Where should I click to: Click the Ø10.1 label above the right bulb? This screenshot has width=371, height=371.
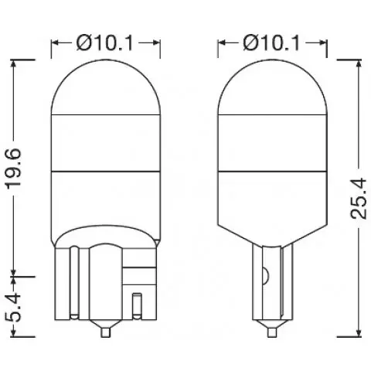[x=271, y=43]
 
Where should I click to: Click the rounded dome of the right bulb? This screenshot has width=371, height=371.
[x=271, y=85]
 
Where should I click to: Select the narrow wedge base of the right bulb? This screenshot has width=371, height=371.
[x=271, y=286]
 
